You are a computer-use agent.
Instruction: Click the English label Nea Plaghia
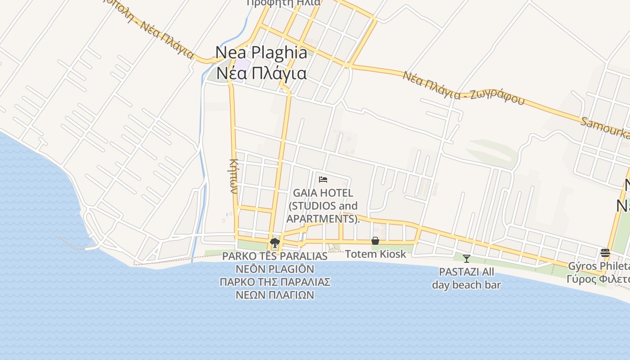tap(261, 52)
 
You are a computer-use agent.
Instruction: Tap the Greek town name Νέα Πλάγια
tap(261, 73)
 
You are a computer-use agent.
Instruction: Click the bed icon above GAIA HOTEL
tap(323, 180)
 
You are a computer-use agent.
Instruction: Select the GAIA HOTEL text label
tap(323, 193)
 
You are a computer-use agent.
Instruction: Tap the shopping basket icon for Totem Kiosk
tap(375, 241)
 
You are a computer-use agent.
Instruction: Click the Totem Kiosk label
tap(375, 254)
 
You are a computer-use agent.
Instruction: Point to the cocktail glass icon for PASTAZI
tap(467, 259)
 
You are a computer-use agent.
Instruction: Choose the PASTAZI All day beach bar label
tap(467, 278)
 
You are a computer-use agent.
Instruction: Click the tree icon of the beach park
tap(274, 243)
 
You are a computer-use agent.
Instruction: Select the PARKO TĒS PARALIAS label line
tap(274, 256)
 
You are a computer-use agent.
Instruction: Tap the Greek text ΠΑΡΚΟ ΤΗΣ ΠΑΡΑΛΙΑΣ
tap(274, 282)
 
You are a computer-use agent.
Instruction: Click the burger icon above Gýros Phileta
tap(605, 253)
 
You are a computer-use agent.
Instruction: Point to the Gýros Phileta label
tap(598, 266)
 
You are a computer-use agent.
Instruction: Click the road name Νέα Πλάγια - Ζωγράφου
tap(463, 88)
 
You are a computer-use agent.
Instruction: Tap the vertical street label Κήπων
tap(234, 175)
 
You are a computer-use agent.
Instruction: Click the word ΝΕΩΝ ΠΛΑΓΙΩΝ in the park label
tap(274, 295)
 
